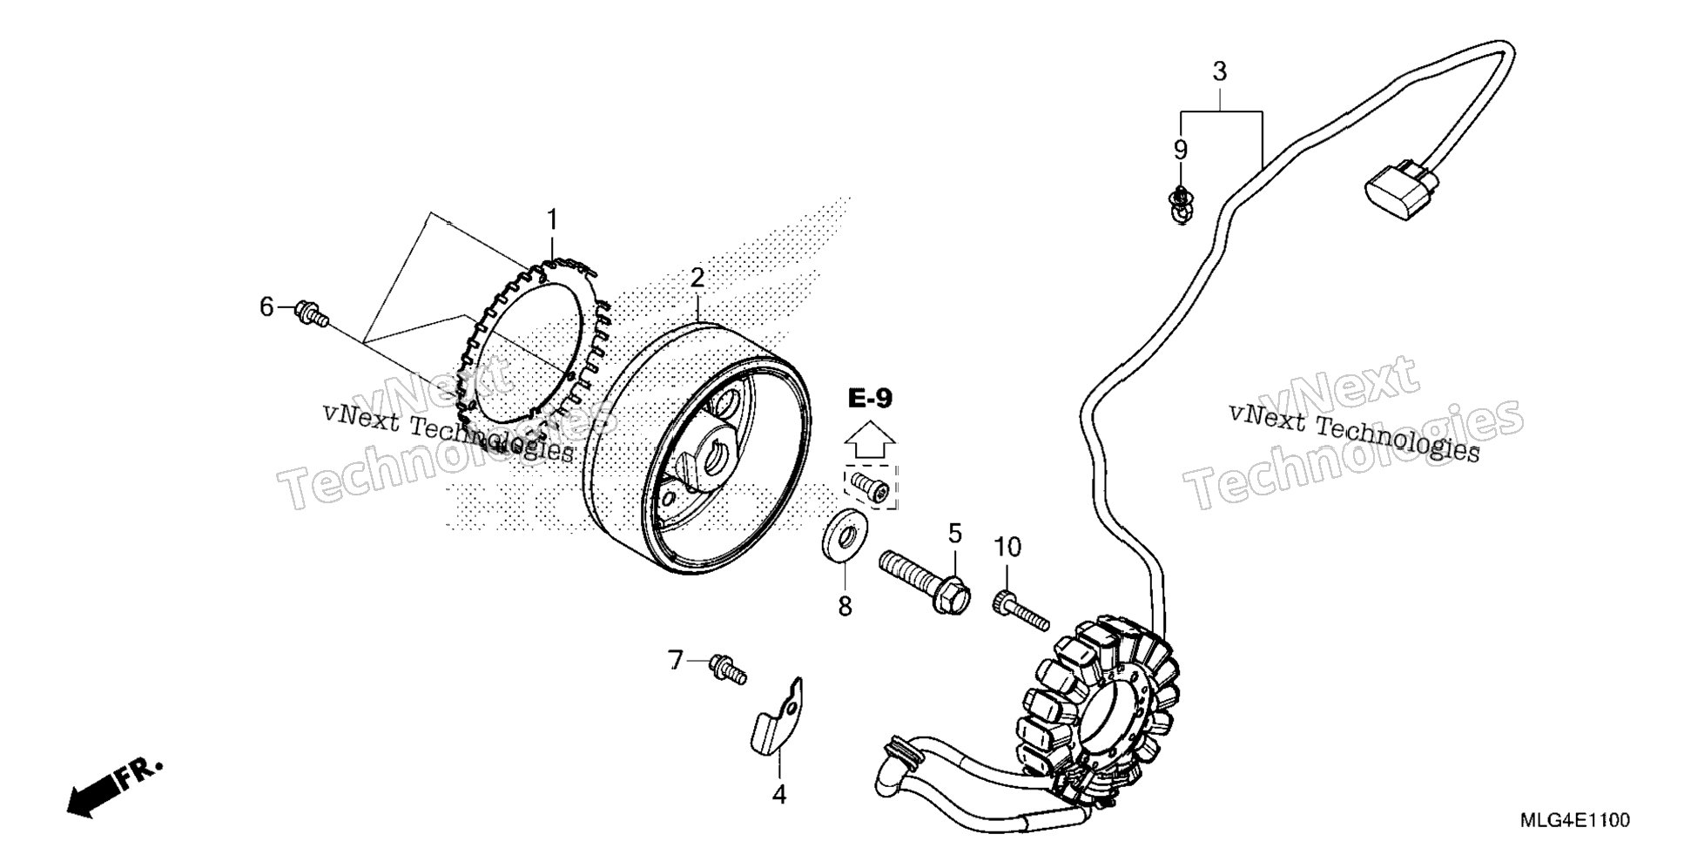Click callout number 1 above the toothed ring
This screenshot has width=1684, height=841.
click(x=550, y=219)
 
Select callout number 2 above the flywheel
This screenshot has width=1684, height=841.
click(x=697, y=278)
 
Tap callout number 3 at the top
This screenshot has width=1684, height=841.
click(x=1219, y=71)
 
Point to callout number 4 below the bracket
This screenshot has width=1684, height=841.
click(x=779, y=794)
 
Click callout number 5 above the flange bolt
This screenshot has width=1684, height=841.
click(x=955, y=533)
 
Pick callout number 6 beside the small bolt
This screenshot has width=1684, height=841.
click(x=267, y=306)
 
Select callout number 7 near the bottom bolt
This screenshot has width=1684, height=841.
click(x=676, y=661)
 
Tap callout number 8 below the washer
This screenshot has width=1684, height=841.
click(x=845, y=606)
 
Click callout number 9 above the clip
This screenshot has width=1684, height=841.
click(x=1180, y=150)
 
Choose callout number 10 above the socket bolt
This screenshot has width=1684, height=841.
click(x=1007, y=547)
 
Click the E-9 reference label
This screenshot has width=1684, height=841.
click(x=870, y=399)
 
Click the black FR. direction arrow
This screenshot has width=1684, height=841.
click(x=114, y=786)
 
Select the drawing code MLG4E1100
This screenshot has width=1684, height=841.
click(x=1574, y=820)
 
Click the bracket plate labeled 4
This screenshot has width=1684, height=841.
click(x=778, y=714)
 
